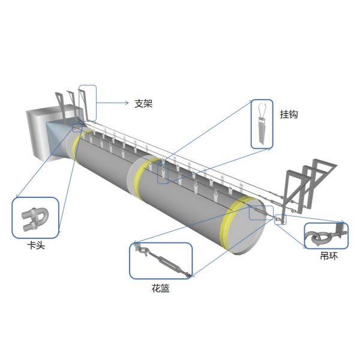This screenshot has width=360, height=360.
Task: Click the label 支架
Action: click(x=143, y=104)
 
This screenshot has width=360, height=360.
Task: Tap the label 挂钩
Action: click(x=289, y=114)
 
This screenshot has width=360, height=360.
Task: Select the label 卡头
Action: click(x=36, y=245)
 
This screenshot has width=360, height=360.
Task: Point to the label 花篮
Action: click(x=160, y=288)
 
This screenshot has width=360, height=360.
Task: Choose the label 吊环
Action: click(x=329, y=256)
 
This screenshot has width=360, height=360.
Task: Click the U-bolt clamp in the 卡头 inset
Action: click(x=35, y=218)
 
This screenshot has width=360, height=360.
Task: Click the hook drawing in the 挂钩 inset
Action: click(x=262, y=123)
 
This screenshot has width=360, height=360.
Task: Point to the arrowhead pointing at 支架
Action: click(x=127, y=103)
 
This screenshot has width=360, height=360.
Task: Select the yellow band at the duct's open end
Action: click(x=236, y=223)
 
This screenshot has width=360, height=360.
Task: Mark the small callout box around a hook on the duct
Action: click(x=163, y=173)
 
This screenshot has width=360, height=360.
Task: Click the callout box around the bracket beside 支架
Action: click(x=88, y=103)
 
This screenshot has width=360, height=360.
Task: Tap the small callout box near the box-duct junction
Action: click(x=77, y=128)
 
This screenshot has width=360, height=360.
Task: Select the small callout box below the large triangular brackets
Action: click(x=280, y=220)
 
